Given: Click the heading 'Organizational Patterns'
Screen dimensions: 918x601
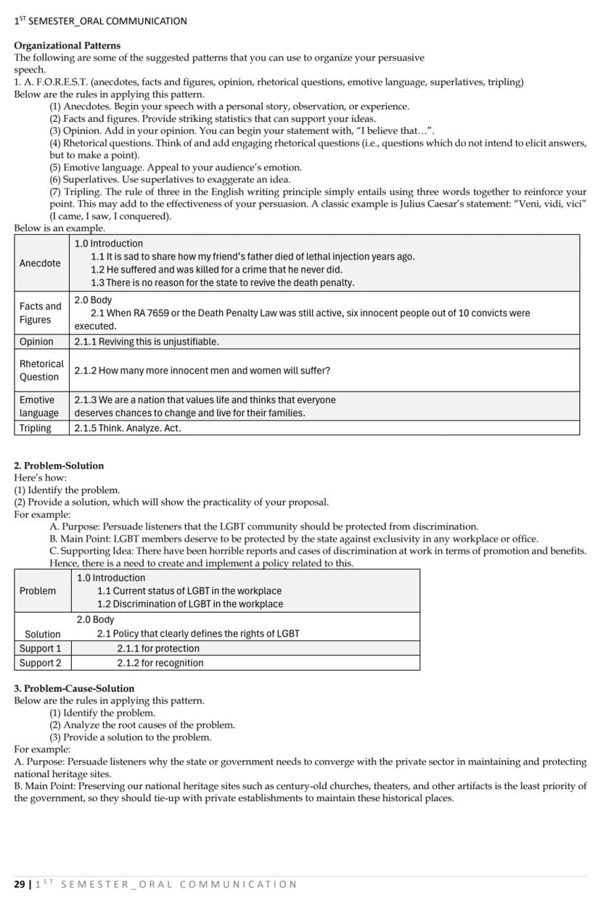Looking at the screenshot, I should pyautogui.click(x=67, y=46).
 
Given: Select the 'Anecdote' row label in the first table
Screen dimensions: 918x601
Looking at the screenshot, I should pyautogui.click(x=40, y=263).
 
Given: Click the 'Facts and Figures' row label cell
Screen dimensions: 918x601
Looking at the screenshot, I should pyautogui.click(x=40, y=313).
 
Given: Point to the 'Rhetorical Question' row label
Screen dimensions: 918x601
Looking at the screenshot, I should pyautogui.click(x=41, y=370).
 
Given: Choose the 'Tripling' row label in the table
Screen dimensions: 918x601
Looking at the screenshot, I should pyautogui.click(x=35, y=428).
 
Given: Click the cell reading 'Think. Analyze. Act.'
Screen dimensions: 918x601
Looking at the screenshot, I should pyautogui.click(x=127, y=428).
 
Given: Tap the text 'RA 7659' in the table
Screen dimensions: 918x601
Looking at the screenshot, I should pyautogui.click(x=154, y=313).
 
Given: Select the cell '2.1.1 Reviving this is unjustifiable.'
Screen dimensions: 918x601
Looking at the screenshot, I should pyautogui.click(x=146, y=342).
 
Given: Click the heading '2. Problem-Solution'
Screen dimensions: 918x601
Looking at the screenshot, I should pyautogui.click(x=59, y=466).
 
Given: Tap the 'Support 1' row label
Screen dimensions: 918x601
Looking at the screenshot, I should pyautogui.click(x=40, y=648).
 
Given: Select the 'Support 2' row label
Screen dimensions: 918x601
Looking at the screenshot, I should pyautogui.click(x=40, y=663).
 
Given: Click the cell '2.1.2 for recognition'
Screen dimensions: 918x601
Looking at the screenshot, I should pyautogui.click(x=160, y=663).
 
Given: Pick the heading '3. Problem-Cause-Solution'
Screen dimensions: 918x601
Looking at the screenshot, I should pyautogui.click(x=74, y=688).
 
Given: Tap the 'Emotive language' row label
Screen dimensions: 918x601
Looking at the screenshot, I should pyautogui.click(x=38, y=406).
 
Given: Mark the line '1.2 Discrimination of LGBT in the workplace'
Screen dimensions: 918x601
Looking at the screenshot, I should pyautogui.click(x=189, y=604).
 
